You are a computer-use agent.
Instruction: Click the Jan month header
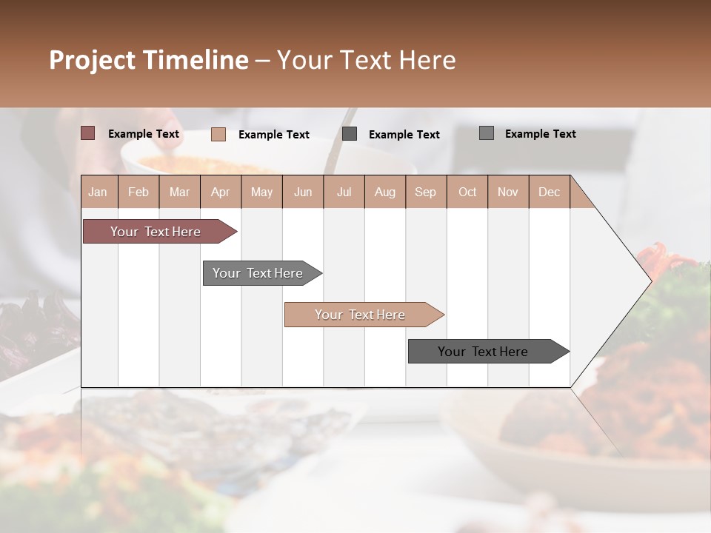(98, 192)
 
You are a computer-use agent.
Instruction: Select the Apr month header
(220, 192)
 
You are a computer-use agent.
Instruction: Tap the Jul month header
(344, 192)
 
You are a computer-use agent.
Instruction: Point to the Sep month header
(425, 192)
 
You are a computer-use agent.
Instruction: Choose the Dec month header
(549, 192)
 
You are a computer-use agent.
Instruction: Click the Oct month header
(467, 192)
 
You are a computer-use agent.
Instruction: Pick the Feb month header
(138, 192)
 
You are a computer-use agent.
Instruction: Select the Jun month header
(303, 192)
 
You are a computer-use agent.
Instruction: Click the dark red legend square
(87, 133)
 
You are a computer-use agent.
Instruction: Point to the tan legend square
(218, 134)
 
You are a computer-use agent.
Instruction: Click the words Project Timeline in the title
(148, 60)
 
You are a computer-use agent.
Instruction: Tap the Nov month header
(508, 192)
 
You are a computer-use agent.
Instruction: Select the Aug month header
(384, 192)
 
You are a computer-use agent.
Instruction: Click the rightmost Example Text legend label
(540, 134)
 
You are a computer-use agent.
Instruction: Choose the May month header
(261, 192)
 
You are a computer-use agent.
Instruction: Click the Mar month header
(179, 192)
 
